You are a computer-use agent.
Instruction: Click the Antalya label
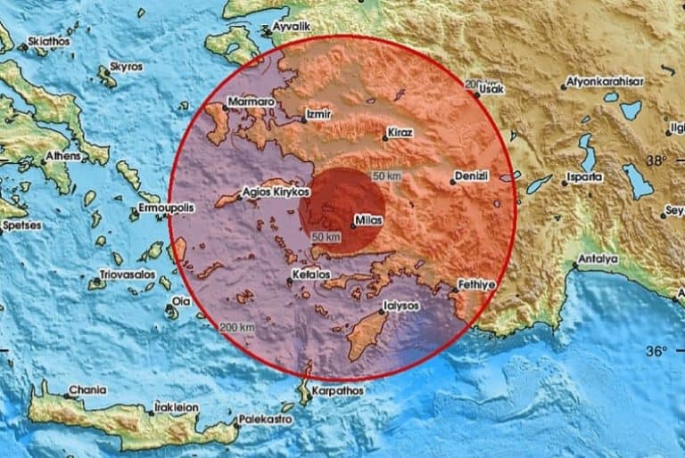click(598, 259)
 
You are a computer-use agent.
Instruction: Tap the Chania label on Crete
click(89, 389)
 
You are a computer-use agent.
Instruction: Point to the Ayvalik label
click(291, 28)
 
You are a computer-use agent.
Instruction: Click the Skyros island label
click(125, 67)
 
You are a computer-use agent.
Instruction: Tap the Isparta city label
click(583, 176)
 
